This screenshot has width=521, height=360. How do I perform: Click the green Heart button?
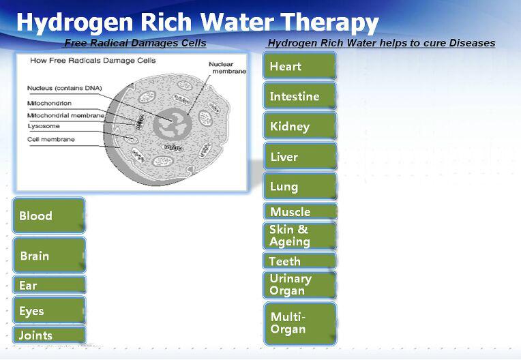[299, 65]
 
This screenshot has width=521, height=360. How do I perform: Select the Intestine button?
[299, 96]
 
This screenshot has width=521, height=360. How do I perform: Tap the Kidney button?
[299, 126]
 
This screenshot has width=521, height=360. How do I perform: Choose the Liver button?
[299, 156]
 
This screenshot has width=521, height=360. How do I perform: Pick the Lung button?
[299, 186]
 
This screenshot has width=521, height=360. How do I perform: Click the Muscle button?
[299, 211]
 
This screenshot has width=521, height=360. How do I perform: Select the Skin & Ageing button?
[299, 236]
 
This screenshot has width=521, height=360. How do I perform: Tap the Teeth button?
[299, 261]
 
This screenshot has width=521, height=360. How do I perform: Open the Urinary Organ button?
[299, 284]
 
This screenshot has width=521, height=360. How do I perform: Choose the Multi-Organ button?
[299, 324]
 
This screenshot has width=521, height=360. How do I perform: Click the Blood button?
[49, 215]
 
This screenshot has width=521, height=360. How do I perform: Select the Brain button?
[49, 256]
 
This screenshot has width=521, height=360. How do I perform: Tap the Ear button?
[49, 285]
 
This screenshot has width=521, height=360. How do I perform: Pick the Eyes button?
[49, 310]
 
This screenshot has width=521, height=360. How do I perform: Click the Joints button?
[49, 335]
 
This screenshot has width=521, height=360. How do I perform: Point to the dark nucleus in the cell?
[173, 124]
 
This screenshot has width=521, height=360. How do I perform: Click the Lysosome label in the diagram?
[44, 126]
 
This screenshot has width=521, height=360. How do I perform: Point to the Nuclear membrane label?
[227, 67]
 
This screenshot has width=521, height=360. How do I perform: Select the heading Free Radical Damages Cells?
[135, 43]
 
